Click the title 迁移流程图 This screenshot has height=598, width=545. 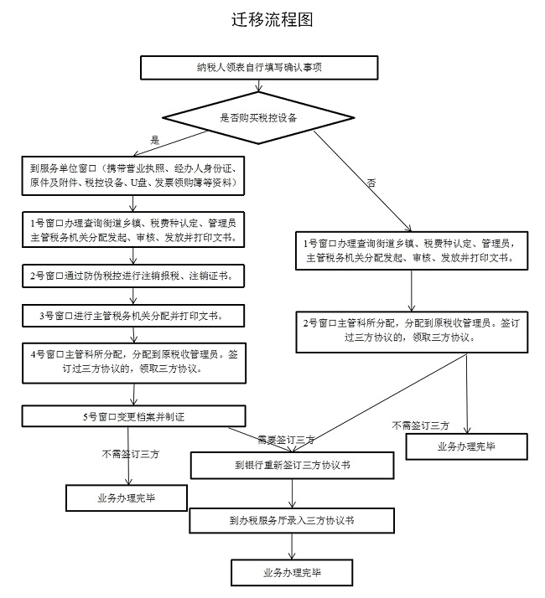point(272,21)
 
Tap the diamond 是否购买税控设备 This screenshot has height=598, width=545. point(257,116)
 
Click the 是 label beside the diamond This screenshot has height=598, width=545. point(153,139)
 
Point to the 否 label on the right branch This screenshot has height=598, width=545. point(370,182)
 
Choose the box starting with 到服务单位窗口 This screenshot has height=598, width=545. point(133,174)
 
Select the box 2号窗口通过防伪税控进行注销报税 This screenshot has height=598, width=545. point(133,275)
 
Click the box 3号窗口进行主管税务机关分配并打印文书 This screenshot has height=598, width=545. point(133,315)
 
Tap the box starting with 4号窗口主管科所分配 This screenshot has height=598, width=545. point(133,360)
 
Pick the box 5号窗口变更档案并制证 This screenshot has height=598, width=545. point(133,415)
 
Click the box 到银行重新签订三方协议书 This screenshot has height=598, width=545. point(292,464)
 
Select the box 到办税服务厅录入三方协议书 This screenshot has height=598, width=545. point(292,520)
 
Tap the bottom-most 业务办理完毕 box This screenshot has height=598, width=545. point(292,573)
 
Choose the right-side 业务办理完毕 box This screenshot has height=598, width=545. point(466,446)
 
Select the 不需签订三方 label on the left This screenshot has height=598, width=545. point(130,454)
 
